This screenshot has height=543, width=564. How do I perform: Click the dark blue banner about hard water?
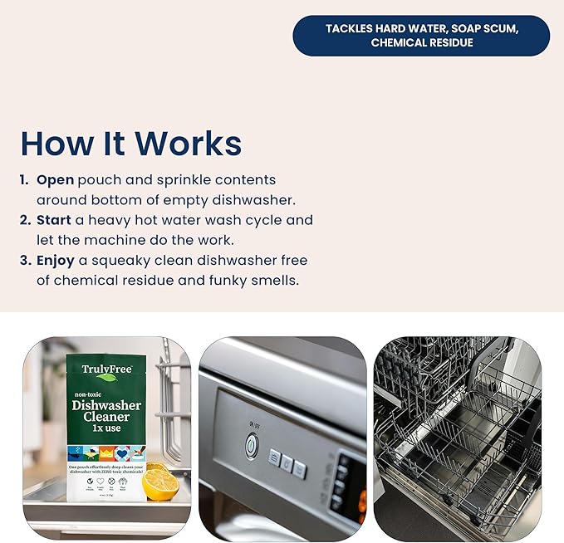421,36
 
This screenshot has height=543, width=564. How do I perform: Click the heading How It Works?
131,143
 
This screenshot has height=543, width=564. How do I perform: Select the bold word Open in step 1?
55,179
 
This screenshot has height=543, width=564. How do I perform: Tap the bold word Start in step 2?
55,220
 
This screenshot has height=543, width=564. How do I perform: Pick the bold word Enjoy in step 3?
56,261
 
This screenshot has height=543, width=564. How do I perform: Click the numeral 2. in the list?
25,220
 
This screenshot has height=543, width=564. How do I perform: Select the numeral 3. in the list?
25,261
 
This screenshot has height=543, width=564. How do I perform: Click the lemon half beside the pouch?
160,482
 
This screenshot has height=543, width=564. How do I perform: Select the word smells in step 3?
270,281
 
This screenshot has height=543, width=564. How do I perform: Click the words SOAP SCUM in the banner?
484,28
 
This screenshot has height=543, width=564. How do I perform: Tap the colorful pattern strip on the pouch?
105,453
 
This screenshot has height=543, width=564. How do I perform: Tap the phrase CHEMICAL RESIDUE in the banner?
421,43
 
